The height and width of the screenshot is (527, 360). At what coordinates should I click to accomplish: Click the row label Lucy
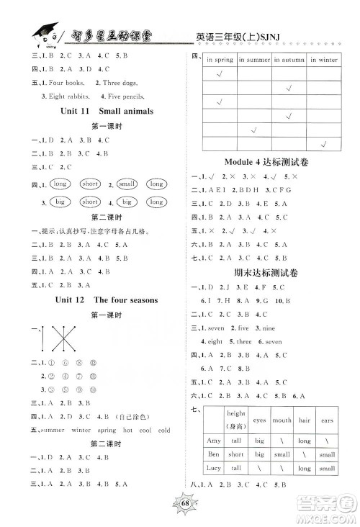213,468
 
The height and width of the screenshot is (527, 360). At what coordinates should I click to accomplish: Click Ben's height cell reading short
236,454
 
